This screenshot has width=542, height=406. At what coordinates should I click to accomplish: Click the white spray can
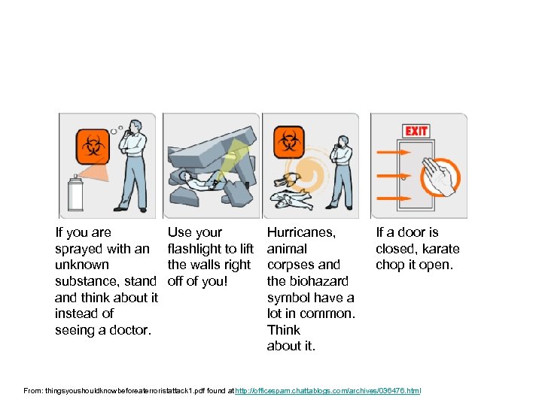coord(75,194)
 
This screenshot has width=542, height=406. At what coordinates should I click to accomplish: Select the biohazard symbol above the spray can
coord(93,144)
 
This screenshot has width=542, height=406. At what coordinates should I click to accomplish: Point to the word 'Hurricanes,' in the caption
coord(301,232)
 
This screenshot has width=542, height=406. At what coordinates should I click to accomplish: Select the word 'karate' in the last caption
coord(442,249)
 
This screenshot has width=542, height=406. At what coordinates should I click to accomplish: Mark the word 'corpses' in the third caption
coord(289,265)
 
